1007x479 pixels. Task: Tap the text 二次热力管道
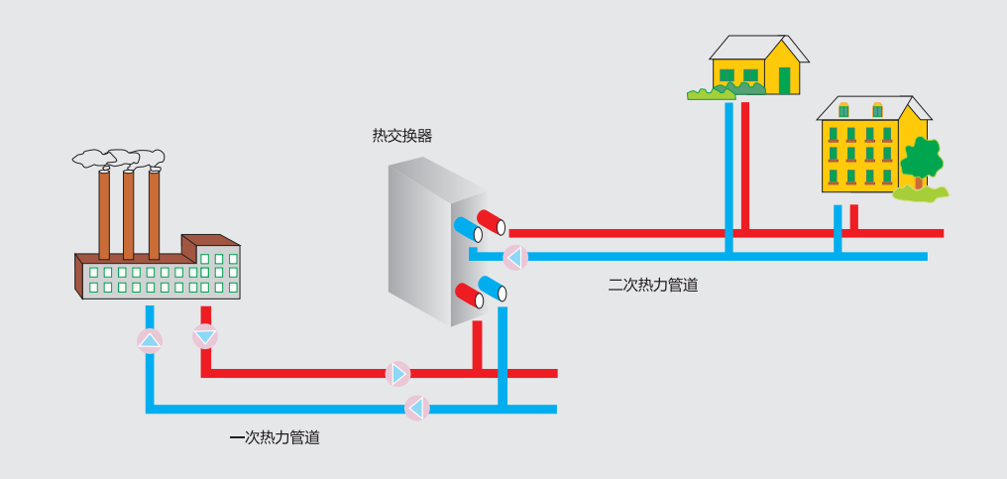point(652,286)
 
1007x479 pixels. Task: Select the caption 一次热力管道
point(274,437)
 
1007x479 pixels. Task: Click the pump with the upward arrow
point(150,342)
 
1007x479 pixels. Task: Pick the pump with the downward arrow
point(204,336)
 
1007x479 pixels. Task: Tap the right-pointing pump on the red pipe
point(398,374)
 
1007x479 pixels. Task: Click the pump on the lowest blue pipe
point(417,408)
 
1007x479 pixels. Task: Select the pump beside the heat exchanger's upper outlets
point(514,258)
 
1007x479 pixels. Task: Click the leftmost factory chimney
point(104,214)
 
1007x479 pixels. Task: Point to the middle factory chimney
point(129,214)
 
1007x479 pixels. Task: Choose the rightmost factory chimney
point(154,214)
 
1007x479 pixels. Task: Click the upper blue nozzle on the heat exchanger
point(468,230)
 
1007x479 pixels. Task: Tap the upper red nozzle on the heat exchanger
point(491,220)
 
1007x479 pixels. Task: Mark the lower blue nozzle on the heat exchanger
point(493,289)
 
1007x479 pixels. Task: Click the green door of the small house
point(785,80)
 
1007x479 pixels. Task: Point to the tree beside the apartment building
point(922,160)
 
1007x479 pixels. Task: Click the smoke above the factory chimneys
point(119,158)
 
